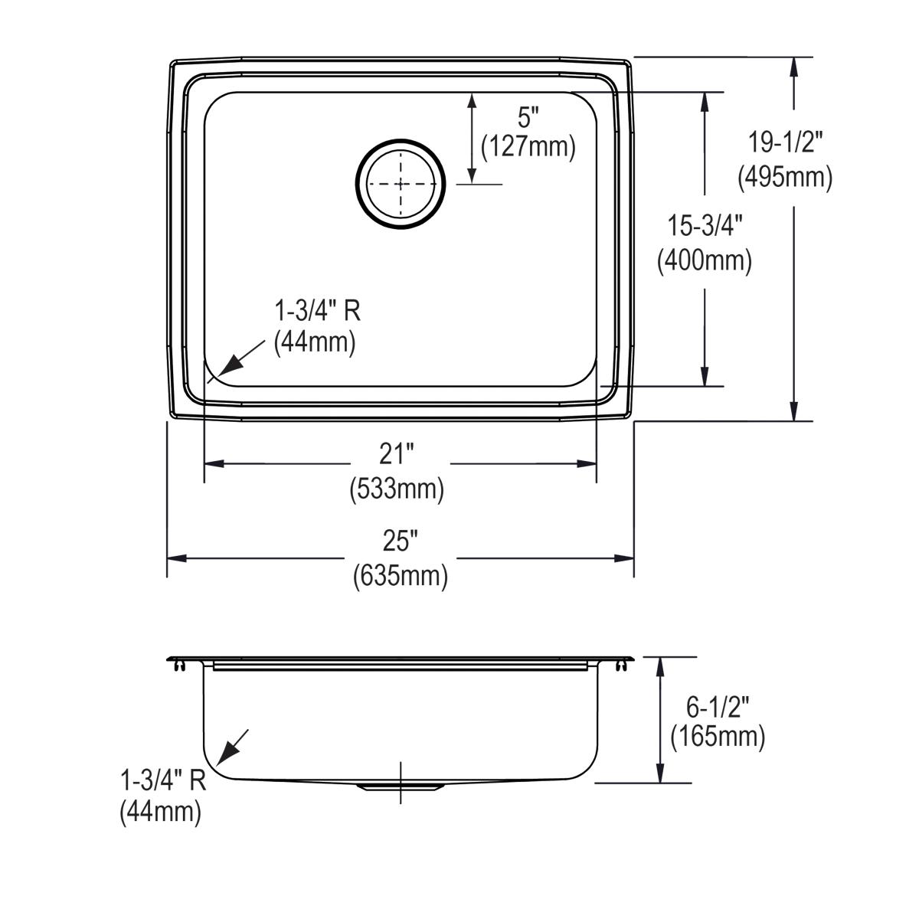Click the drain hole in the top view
(x=400, y=185)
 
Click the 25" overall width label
(x=401, y=541)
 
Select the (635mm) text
(x=401, y=575)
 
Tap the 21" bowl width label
(x=396, y=455)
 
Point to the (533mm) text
(x=397, y=489)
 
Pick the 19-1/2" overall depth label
(x=785, y=143)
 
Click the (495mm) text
(x=785, y=177)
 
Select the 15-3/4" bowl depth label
(x=705, y=227)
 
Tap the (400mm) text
(x=705, y=261)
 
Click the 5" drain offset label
(x=528, y=117)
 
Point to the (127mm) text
(x=528, y=146)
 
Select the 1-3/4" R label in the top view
(x=317, y=311)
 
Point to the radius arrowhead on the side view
(x=224, y=757)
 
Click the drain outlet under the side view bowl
(x=401, y=787)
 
